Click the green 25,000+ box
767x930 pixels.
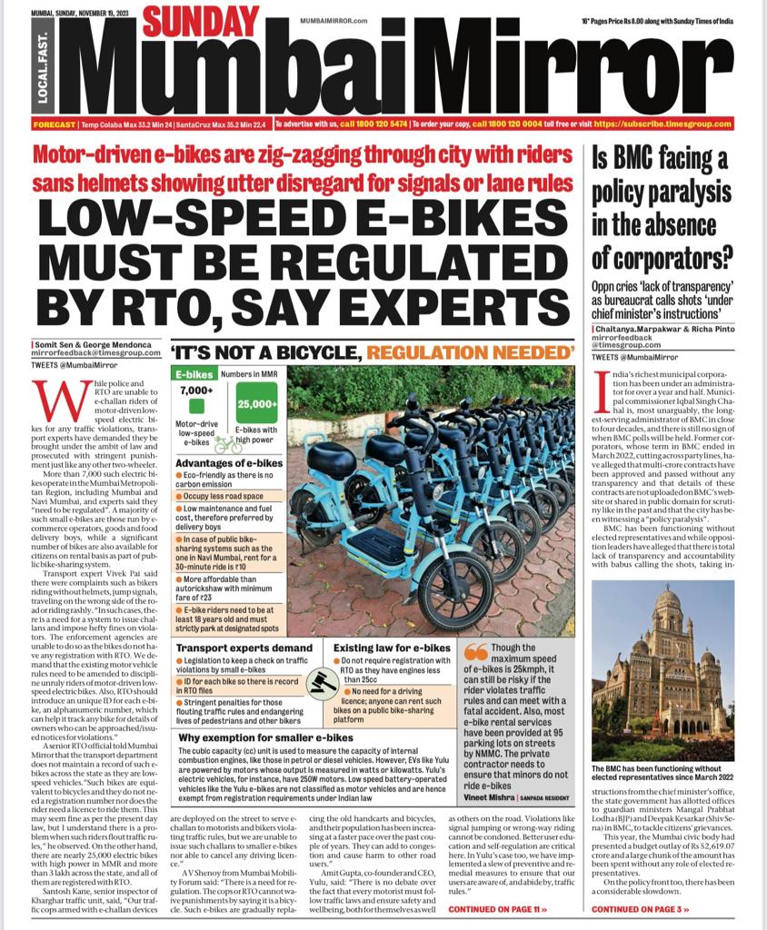(257, 404)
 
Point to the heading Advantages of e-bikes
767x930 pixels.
(227, 463)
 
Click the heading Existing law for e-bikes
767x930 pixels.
(392, 648)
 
